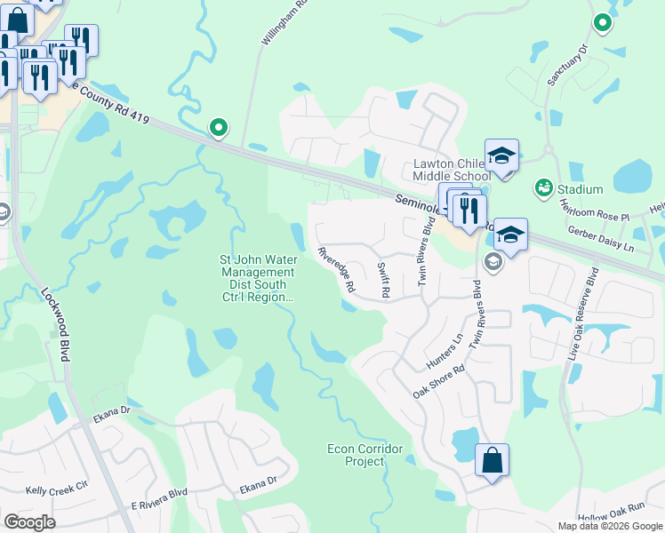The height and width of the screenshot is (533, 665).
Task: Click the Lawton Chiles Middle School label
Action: click(452, 171)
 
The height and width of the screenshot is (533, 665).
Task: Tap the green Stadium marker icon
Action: click(541, 188)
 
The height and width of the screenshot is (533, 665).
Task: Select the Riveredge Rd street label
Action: click(337, 269)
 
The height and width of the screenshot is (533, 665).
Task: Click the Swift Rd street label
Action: click(384, 280)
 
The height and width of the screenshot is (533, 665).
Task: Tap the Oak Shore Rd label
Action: click(439, 382)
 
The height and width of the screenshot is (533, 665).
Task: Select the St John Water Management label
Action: click(257, 278)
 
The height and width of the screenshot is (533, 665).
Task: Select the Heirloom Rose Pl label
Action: click(593, 211)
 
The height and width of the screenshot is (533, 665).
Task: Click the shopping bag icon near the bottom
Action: click(492, 461)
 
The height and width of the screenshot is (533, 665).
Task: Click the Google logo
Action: click(30, 522)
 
